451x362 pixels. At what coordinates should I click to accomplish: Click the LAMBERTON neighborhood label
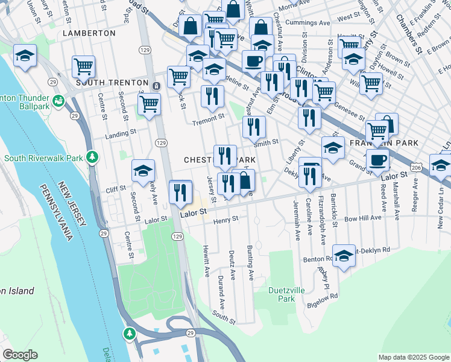[89, 33]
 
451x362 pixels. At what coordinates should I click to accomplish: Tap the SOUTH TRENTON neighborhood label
[112, 82]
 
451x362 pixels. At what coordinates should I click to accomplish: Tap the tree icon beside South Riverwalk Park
[92, 158]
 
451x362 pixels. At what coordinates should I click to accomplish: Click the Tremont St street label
[208, 116]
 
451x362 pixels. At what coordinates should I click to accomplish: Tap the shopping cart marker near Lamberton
[83, 66]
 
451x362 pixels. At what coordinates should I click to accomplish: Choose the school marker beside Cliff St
[143, 171]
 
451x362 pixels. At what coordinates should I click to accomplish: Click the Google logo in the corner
[20, 355]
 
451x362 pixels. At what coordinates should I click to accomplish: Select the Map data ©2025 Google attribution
[413, 357]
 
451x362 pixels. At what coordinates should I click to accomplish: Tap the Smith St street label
[265, 143]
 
